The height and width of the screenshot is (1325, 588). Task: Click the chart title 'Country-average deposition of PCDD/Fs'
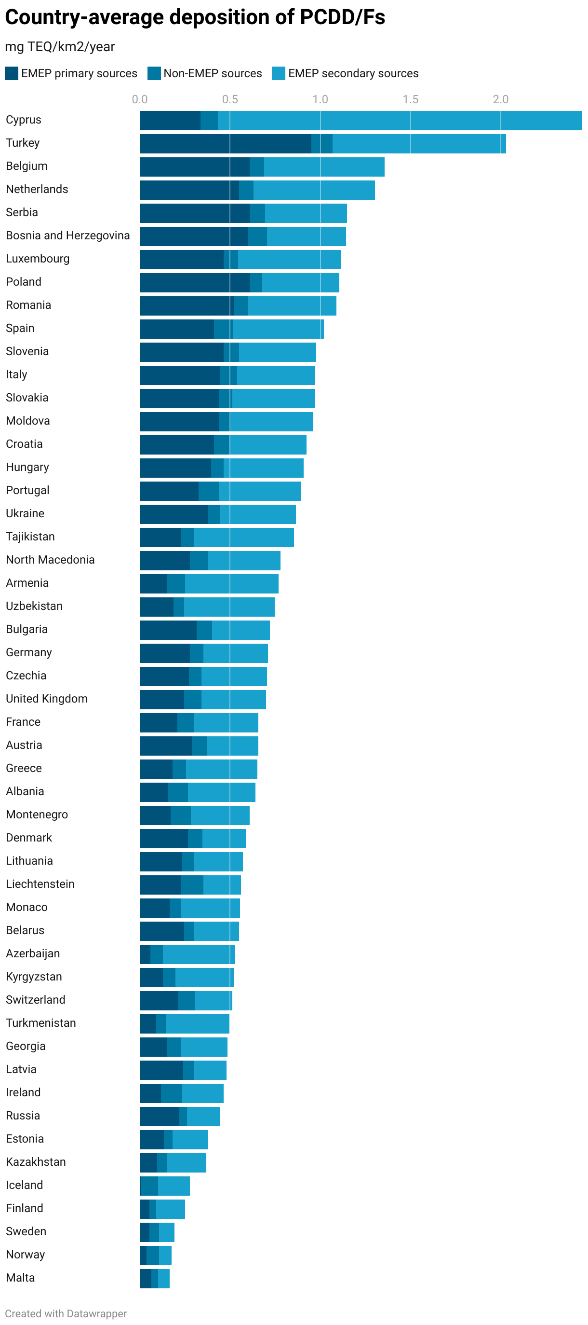click(195, 17)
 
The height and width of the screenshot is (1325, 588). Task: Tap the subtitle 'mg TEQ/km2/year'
click(60, 47)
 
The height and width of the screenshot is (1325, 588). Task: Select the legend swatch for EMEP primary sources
click(11, 73)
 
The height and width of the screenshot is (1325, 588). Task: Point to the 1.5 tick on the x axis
click(410, 99)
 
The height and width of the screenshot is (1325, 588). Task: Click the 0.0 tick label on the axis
click(139, 99)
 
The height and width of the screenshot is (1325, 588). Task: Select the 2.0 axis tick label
click(500, 99)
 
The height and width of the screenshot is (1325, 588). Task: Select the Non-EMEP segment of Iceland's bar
click(149, 1186)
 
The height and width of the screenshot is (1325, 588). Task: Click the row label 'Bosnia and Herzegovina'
click(68, 235)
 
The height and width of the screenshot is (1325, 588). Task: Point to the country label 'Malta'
click(21, 1278)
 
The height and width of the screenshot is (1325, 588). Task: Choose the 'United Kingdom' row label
click(47, 699)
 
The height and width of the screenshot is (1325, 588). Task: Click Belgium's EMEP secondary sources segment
click(324, 167)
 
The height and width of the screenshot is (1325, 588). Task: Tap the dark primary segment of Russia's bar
click(160, 1116)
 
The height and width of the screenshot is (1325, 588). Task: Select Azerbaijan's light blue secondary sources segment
click(199, 954)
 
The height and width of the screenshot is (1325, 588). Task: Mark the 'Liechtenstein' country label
click(40, 884)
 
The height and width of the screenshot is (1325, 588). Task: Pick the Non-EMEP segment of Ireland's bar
click(171, 1093)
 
